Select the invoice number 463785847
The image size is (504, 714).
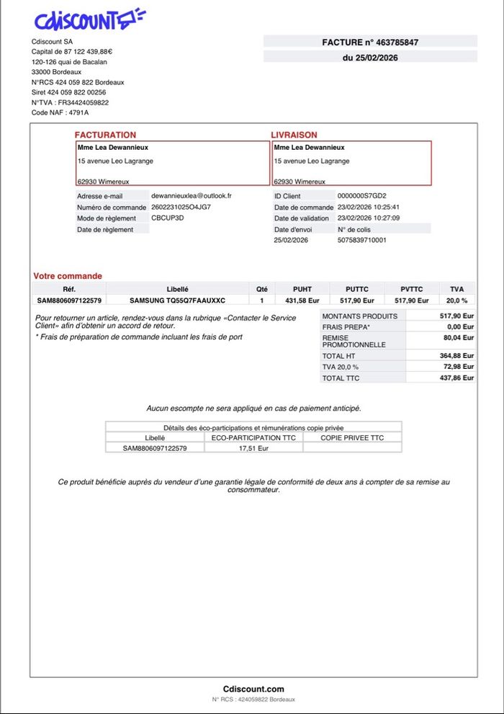click(x=398, y=43)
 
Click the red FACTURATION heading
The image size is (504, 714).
click(x=105, y=135)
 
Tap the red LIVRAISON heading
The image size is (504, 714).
click(x=294, y=135)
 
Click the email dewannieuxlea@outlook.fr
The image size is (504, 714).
click(x=191, y=195)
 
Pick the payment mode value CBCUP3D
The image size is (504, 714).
click(x=167, y=218)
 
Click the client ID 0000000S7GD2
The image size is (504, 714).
click(x=361, y=195)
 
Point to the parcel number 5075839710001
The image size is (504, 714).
click(x=361, y=240)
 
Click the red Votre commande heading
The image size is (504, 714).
click(x=68, y=276)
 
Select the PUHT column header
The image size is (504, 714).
click(x=302, y=289)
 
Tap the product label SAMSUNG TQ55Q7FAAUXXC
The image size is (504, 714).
click(x=177, y=300)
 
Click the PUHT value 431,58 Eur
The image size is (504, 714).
click(x=302, y=300)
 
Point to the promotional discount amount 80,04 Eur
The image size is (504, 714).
click(x=458, y=337)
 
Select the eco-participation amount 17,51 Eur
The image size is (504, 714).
click(x=253, y=447)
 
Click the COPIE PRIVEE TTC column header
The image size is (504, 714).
click(x=352, y=437)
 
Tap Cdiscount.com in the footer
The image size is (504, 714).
click(x=253, y=689)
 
